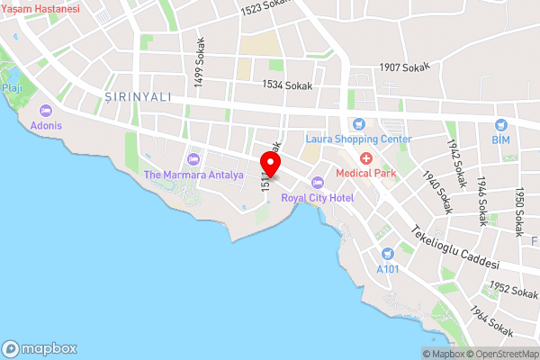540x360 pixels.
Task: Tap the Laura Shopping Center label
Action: tap(358, 139)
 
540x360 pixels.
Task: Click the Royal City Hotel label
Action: tap(317, 197)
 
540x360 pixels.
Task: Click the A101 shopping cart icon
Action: tap(387, 254)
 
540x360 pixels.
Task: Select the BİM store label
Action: tap(500, 139)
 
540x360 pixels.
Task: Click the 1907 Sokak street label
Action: tap(406, 67)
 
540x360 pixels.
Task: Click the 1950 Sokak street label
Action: tap(518, 211)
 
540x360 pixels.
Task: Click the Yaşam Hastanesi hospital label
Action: tap(40, 8)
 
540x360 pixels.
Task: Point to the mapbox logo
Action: tap(40, 349)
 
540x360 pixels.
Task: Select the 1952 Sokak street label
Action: tap(511, 290)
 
